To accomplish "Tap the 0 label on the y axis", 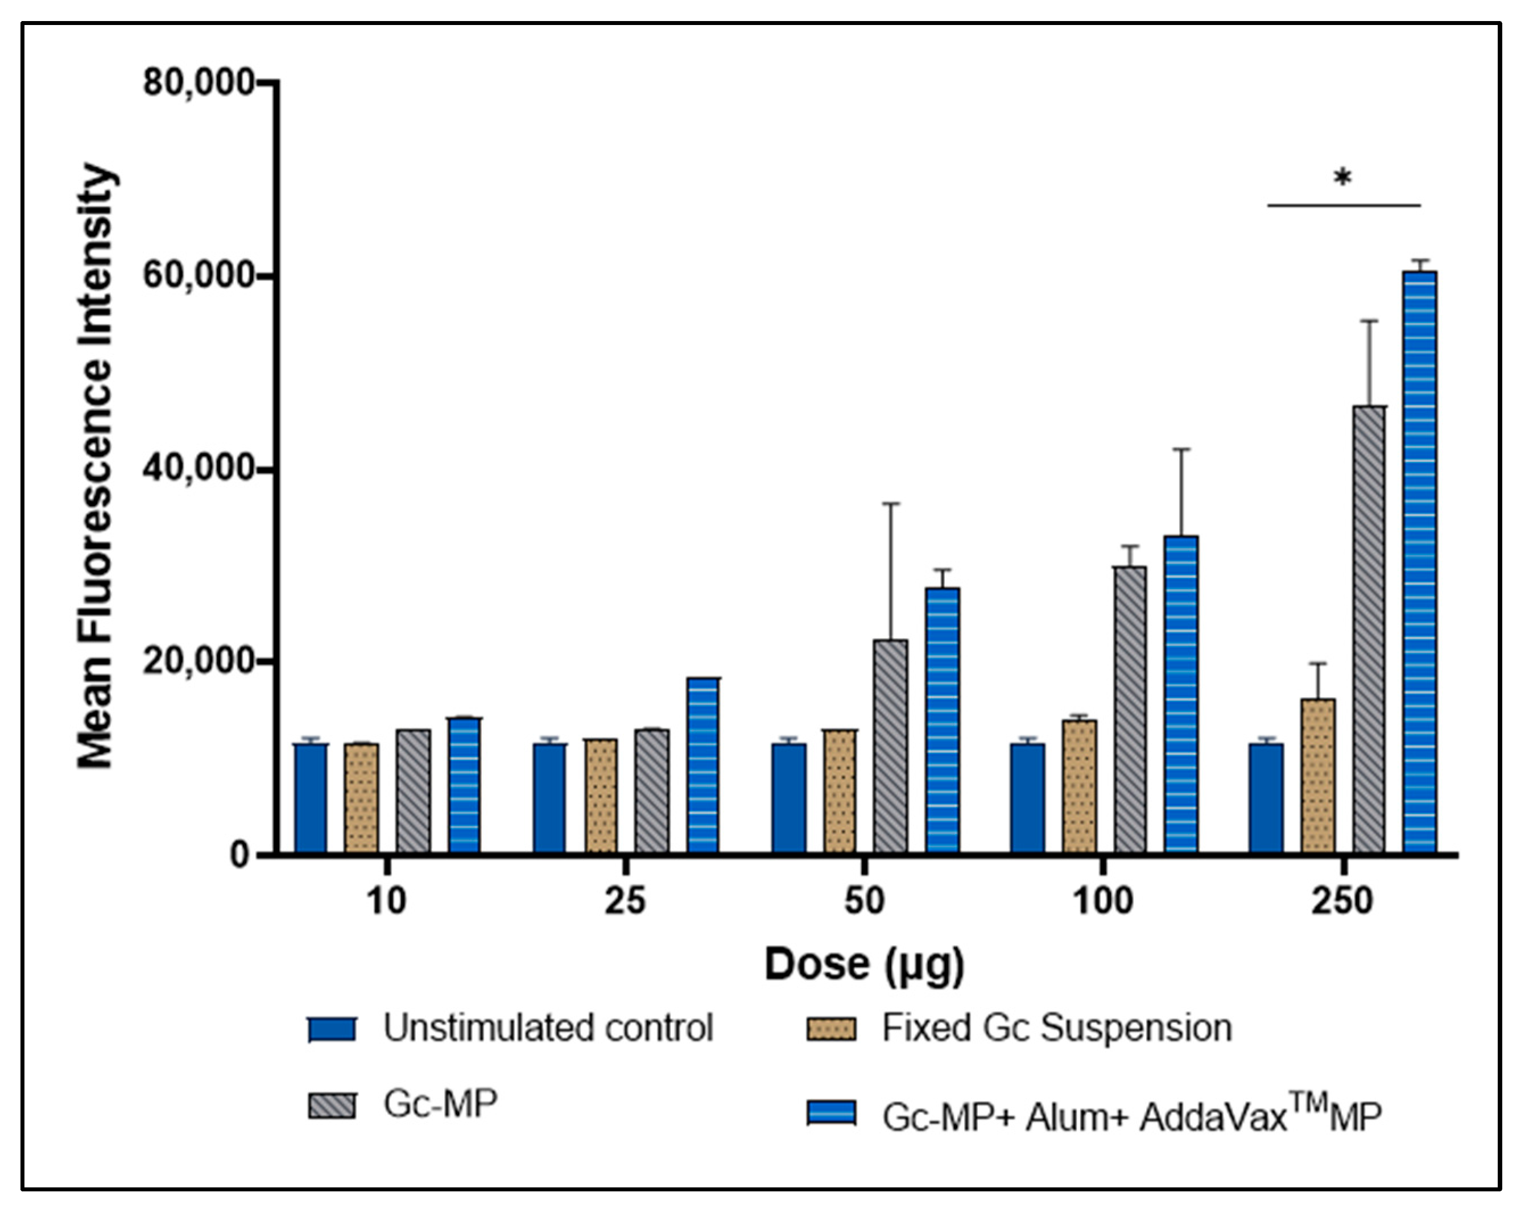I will click(x=240, y=855).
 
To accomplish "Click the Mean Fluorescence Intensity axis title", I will click(x=96, y=467).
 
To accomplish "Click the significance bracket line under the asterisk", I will click(x=1344, y=205).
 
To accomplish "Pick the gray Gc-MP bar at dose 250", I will click(x=1369, y=630).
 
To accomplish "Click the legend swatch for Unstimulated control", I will click(x=332, y=1029).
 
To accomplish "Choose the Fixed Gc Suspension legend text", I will click(x=1056, y=1028).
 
